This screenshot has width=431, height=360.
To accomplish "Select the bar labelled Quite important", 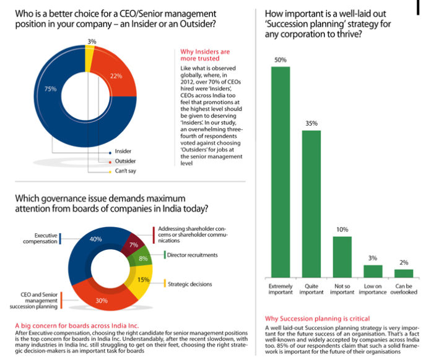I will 311,204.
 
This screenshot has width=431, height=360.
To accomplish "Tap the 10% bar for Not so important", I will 342,256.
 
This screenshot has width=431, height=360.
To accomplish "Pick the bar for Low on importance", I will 373,271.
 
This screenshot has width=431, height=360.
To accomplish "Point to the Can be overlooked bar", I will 404,273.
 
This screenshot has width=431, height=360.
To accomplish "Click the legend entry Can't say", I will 124,171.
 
